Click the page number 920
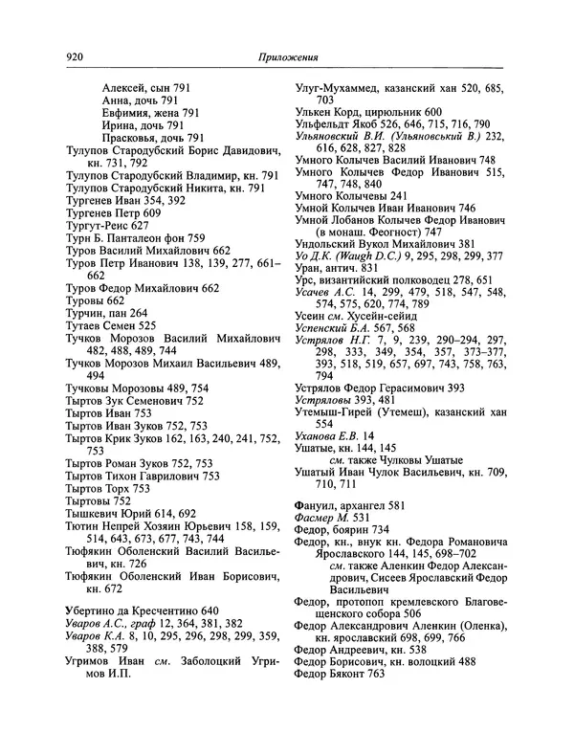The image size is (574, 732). point(77,56)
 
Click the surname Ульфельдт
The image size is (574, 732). point(324,123)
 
